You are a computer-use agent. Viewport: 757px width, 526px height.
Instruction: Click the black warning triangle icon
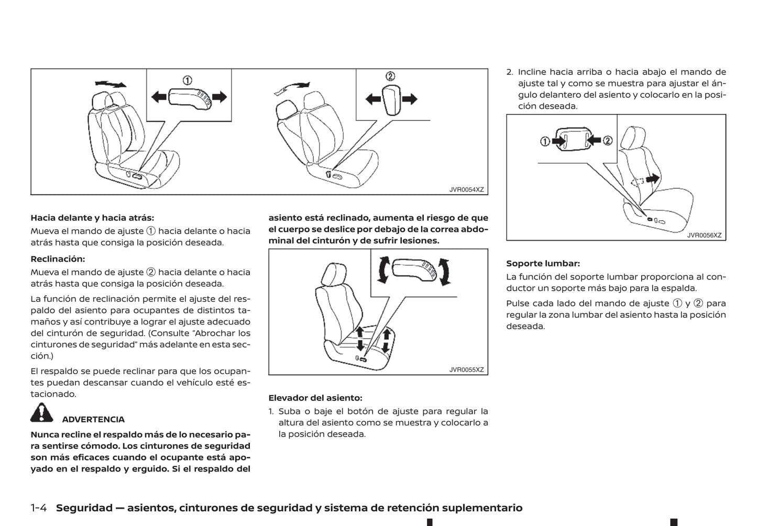(41, 413)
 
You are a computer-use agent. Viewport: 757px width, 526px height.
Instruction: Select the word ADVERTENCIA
(93, 419)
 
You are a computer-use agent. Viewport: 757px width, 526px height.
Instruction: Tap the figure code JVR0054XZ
(466, 190)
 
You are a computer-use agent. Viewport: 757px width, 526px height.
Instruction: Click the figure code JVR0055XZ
(466, 370)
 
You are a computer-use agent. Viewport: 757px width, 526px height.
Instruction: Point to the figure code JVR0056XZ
(704, 236)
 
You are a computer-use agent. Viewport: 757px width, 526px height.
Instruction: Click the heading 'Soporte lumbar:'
(543, 263)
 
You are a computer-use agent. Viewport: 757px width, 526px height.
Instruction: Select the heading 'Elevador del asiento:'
(315, 398)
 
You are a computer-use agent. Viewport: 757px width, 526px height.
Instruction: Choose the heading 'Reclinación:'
(58, 259)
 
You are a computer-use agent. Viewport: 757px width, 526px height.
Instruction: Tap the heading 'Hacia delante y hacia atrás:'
(92, 218)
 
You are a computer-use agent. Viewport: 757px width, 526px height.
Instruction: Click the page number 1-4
(39, 508)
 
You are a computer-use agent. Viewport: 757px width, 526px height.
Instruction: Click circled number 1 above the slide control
(187, 80)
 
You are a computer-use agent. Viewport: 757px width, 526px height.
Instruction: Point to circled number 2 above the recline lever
(390, 76)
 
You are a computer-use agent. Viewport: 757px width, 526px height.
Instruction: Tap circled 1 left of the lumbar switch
(545, 141)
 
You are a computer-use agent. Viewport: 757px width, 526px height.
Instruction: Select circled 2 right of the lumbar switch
(607, 140)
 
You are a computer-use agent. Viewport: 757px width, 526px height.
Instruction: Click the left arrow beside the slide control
(159, 97)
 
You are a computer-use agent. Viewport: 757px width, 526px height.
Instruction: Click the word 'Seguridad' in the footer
(84, 508)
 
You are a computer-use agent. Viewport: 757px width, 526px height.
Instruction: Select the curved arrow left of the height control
(382, 270)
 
